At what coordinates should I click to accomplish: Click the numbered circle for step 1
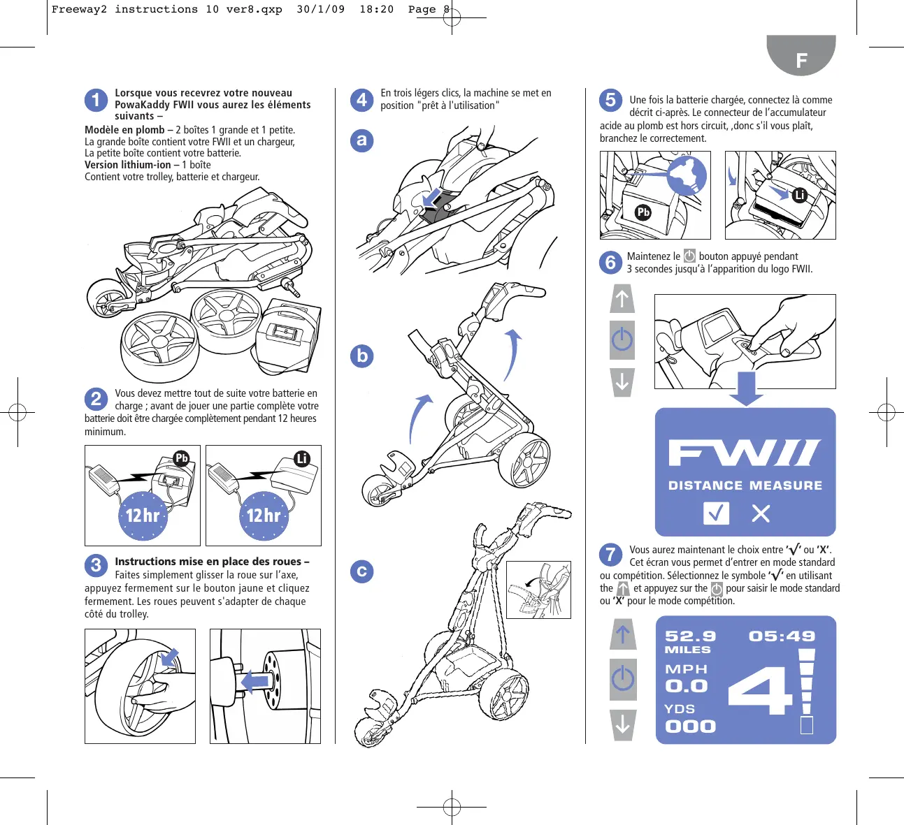(96, 100)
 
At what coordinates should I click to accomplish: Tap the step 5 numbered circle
(610, 100)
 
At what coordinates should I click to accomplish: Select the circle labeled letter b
(362, 356)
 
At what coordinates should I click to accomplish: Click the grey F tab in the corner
(801, 55)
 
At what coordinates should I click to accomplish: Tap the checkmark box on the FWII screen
(716, 513)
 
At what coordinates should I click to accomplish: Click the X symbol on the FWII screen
(761, 513)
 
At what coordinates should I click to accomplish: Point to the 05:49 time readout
(782, 636)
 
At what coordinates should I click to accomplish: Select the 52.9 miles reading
(690, 641)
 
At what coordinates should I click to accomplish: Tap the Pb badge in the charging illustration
(181, 458)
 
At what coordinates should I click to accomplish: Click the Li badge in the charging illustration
(302, 458)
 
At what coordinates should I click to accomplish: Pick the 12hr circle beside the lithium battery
(264, 516)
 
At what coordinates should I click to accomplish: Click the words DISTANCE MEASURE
(745, 485)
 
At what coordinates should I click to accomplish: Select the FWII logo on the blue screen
(745, 453)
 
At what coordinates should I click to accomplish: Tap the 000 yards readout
(690, 727)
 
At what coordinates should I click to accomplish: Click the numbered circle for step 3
(96, 565)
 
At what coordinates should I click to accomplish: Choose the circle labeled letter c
(362, 571)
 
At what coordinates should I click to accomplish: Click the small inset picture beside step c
(538, 590)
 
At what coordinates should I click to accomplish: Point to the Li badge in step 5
(800, 195)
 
